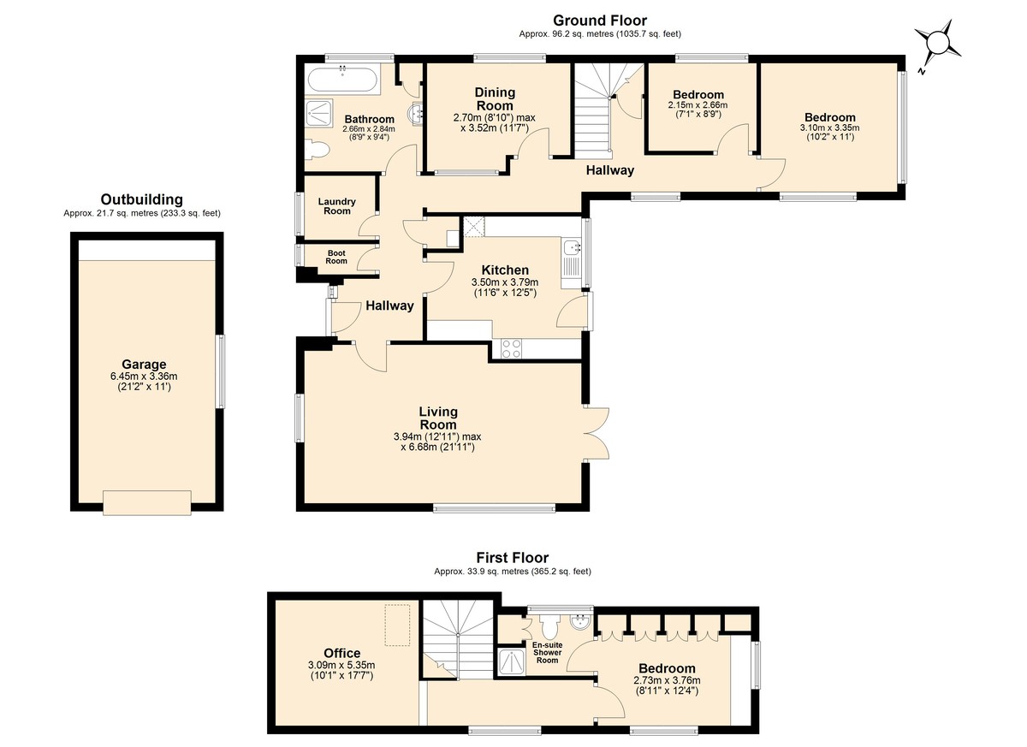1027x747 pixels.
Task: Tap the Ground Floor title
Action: [600, 21]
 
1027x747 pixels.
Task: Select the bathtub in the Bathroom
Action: [342, 81]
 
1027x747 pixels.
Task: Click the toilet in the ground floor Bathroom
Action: [317, 150]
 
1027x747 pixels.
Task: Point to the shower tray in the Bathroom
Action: [318, 115]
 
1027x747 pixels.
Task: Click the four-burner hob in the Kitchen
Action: [511, 348]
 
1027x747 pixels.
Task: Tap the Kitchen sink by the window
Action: [573, 248]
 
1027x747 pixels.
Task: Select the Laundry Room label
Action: [337, 206]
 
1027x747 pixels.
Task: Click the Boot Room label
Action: [336, 257]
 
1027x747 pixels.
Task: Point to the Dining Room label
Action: [495, 99]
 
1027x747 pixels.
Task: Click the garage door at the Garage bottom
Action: [147, 503]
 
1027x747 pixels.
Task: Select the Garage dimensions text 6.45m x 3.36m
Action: [144, 376]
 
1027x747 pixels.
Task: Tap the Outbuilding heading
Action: [142, 199]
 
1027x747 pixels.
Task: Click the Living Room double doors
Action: [597, 433]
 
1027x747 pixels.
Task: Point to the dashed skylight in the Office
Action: [397, 625]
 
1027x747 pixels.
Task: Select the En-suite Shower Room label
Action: [548, 652]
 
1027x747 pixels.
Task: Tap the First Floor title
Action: [512, 558]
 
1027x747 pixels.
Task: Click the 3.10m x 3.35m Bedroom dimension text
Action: [830, 127]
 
